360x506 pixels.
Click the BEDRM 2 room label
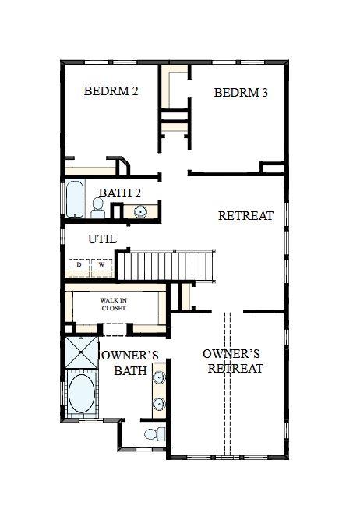pos(111,91)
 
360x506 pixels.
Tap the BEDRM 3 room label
pos(241,93)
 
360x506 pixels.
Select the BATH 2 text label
pos(119,193)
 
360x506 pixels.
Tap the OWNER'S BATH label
pos(130,363)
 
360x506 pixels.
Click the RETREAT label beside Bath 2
pos(245,215)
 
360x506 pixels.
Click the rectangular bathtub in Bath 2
pos(73,200)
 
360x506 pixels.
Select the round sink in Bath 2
pos(141,211)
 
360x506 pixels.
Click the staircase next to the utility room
pos(165,265)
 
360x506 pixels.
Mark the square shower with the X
pos(80,352)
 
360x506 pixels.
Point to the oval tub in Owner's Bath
pos(80,395)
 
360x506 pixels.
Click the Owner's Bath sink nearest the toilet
pos(159,404)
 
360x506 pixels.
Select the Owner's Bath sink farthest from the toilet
pos(159,378)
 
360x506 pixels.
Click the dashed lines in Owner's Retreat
pos(228,382)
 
